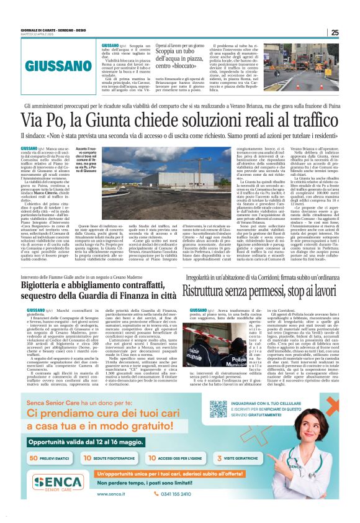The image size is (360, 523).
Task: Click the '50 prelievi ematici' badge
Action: [50, 457]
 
